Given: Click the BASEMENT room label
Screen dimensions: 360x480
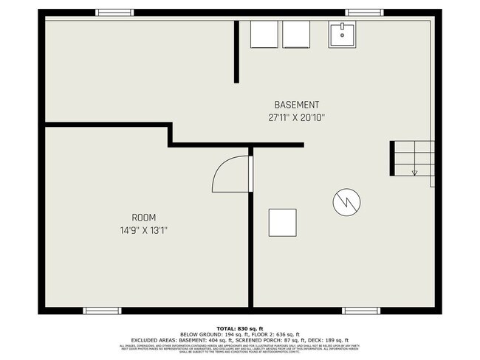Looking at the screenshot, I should tap(297, 105).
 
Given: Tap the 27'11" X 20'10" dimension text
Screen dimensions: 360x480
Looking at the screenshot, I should tap(297, 117).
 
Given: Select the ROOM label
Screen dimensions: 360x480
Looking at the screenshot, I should tap(143, 218).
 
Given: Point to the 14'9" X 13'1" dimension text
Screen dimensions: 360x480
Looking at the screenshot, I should tap(143, 229).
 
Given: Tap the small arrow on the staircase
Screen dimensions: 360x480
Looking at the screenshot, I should tap(414, 173).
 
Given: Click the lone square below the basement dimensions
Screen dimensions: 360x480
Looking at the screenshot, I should tap(281, 222).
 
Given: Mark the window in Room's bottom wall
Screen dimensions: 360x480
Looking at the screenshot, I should tap(102, 311).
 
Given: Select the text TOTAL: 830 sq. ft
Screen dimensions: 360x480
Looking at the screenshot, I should tap(239, 328).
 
